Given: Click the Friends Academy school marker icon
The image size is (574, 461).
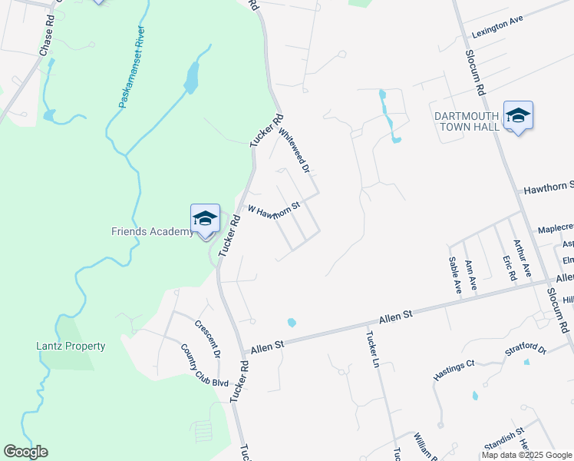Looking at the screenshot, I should tap(205, 220).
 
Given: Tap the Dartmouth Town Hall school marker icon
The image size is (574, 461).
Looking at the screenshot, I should tap(518, 116).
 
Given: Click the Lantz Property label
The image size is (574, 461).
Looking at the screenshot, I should tap(71, 346).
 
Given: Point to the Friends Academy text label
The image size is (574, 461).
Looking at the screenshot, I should tap(152, 232).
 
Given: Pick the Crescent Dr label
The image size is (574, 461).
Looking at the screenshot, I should tap(207, 339).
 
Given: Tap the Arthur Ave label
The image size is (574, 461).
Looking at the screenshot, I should tap(522, 258).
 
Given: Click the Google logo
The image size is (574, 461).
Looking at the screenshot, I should tap(25, 452).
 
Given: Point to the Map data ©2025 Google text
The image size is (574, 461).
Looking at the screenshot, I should tap(526, 455).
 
